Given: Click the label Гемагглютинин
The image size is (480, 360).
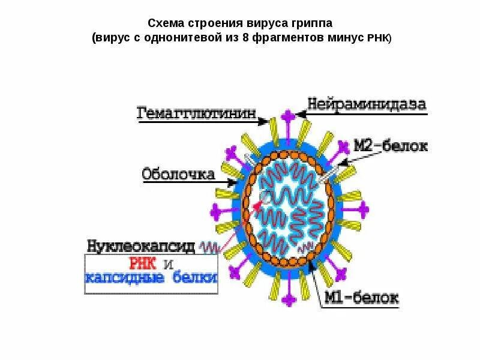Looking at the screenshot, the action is point(197,113).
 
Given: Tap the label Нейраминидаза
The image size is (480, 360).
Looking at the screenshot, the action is point(368,103).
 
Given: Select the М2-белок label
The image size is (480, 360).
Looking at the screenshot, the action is point(390,146).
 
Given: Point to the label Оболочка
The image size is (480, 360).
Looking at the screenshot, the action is point(178,174).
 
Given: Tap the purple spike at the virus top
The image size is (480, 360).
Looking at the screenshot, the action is point(288,115).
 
